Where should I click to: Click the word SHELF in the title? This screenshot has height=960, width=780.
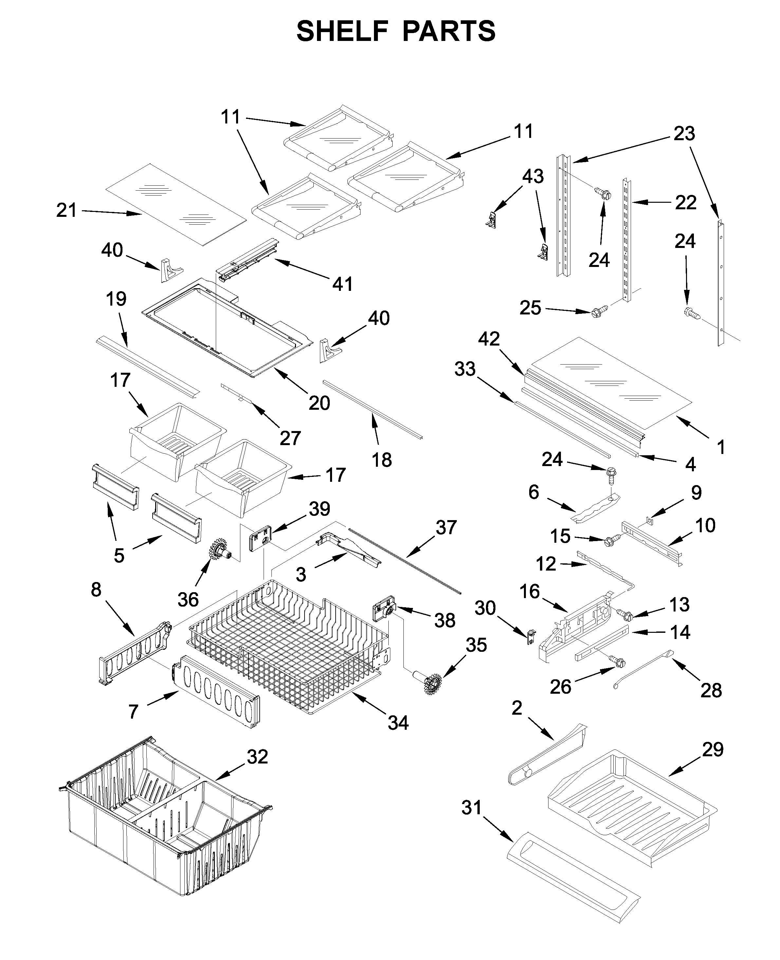click(343, 31)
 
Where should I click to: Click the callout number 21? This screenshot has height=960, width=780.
click(66, 210)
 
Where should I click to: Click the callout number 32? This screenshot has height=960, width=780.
click(257, 757)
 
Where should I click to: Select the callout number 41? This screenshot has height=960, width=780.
click(343, 284)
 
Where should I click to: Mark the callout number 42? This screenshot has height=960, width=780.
click(489, 339)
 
